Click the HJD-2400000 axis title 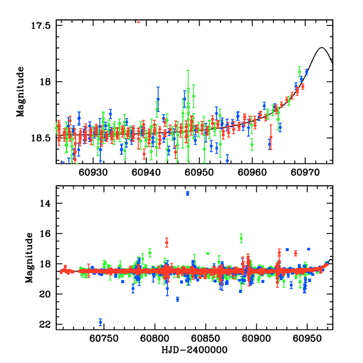point(194,351)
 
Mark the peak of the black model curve point(322,47)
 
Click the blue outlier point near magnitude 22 point(100,322)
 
